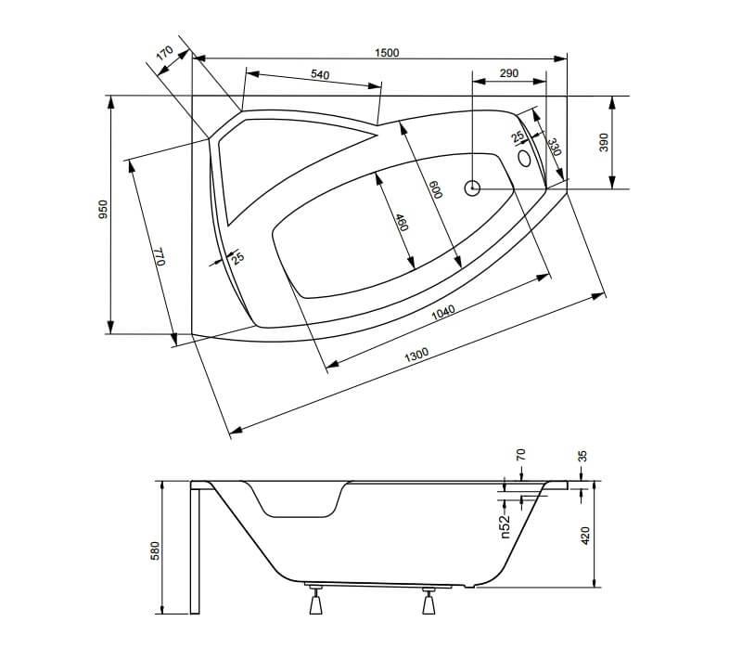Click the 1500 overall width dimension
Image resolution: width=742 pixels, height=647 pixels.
(x=387, y=53)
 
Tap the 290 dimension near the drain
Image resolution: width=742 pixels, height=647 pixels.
(x=508, y=72)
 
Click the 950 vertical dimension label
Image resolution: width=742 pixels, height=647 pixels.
(x=104, y=211)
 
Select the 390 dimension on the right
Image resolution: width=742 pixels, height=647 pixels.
(x=603, y=142)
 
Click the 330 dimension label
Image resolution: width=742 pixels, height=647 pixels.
(x=554, y=147)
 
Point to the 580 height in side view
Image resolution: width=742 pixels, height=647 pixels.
(x=156, y=551)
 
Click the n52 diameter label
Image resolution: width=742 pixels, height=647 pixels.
(x=506, y=526)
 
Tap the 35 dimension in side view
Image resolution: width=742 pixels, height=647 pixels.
(x=582, y=458)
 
